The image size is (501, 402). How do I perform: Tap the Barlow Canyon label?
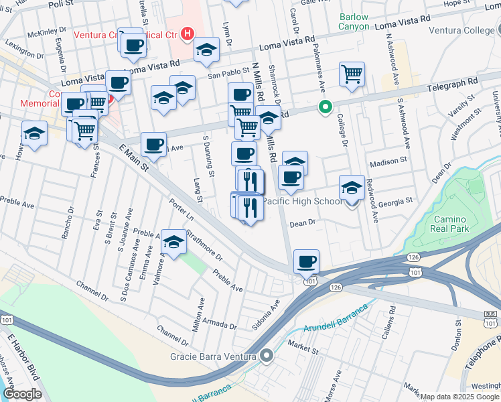354,21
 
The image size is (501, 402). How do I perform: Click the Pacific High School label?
301,201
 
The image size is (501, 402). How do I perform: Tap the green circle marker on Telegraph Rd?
325,107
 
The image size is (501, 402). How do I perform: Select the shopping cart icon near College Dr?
352,73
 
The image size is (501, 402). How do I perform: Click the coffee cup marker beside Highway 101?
306,261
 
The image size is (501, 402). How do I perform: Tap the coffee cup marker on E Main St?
153,144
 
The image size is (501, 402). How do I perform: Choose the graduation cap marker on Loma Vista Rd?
207,49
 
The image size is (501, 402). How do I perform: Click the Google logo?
23,394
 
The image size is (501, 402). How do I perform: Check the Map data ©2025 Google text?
459,397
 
